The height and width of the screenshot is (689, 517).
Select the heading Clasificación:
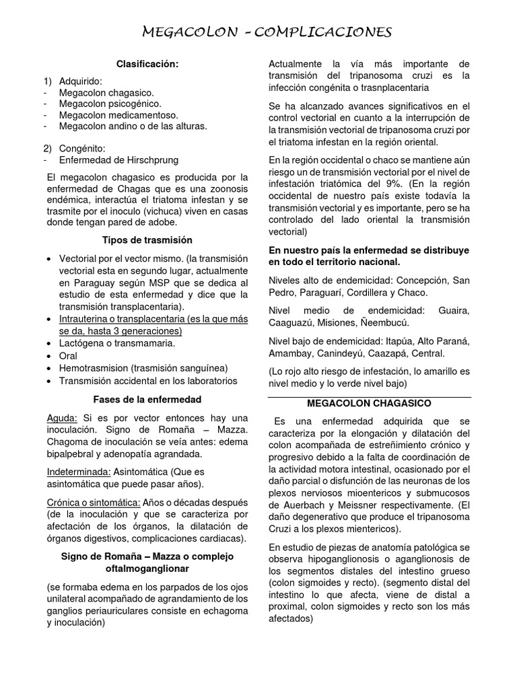(147, 64)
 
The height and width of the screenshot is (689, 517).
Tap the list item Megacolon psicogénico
(110, 104)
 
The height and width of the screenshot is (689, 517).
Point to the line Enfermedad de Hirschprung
(120, 160)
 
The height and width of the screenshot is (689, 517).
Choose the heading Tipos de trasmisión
(147, 240)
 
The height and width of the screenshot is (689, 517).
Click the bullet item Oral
(68, 355)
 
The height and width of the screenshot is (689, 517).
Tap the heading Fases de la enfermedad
(147, 399)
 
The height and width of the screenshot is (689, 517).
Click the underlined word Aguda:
(63, 417)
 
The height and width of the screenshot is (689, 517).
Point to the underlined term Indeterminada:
(78, 472)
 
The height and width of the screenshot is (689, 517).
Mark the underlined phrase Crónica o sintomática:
(94, 503)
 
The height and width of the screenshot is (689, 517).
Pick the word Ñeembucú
(395, 323)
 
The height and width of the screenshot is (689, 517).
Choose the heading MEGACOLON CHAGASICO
(369, 404)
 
